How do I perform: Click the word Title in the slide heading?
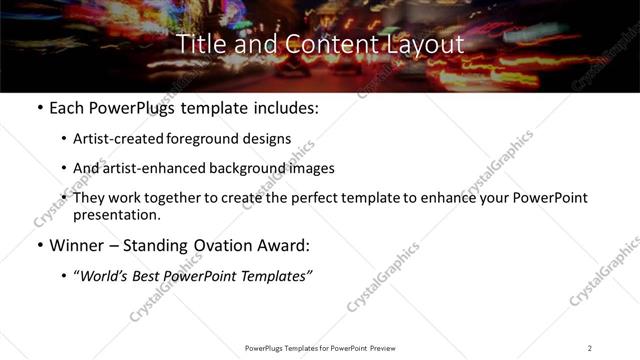click(x=200, y=45)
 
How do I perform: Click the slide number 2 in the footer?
click(x=590, y=347)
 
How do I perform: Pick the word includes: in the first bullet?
click(x=284, y=108)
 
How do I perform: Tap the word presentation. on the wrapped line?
click(x=116, y=214)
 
